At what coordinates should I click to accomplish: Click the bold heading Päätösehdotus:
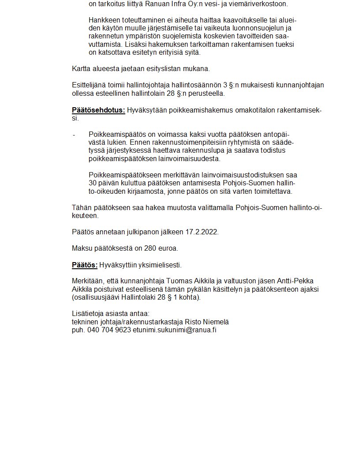click(98, 110)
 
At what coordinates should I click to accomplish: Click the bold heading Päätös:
click(85, 265)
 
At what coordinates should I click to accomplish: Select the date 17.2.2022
click(202, 232)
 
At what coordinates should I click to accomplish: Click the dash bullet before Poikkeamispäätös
click(74, 135)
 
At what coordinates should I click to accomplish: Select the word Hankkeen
click(102, 20)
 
